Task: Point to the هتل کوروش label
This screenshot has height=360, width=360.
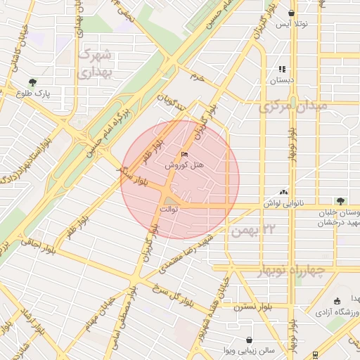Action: [184, 165]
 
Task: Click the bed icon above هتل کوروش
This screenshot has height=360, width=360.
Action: [185, 155]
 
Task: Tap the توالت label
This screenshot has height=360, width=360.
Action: [169, 210]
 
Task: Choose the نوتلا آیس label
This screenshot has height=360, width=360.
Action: [291, 24]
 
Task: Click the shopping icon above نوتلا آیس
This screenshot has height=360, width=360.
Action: [291, 13]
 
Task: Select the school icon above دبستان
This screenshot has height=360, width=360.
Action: [282, 69]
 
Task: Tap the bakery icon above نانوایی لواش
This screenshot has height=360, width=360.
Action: [283, 192]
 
